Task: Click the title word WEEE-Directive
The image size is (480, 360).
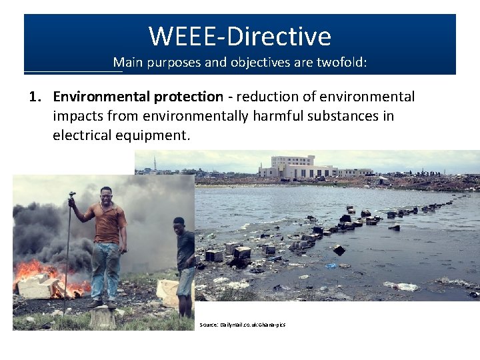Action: (239, 36)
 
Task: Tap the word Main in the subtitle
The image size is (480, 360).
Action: (127, 63)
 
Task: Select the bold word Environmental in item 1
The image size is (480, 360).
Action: (101, 97)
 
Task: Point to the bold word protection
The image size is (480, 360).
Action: (189, 97)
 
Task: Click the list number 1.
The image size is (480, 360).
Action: (34, 97)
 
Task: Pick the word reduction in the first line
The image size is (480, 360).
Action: (265, 97)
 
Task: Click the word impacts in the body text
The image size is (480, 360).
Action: (75, 116)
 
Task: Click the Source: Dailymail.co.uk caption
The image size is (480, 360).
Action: (242, 325)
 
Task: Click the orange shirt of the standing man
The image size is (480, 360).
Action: (107, 223)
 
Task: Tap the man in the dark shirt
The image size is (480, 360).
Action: (184, 260)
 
